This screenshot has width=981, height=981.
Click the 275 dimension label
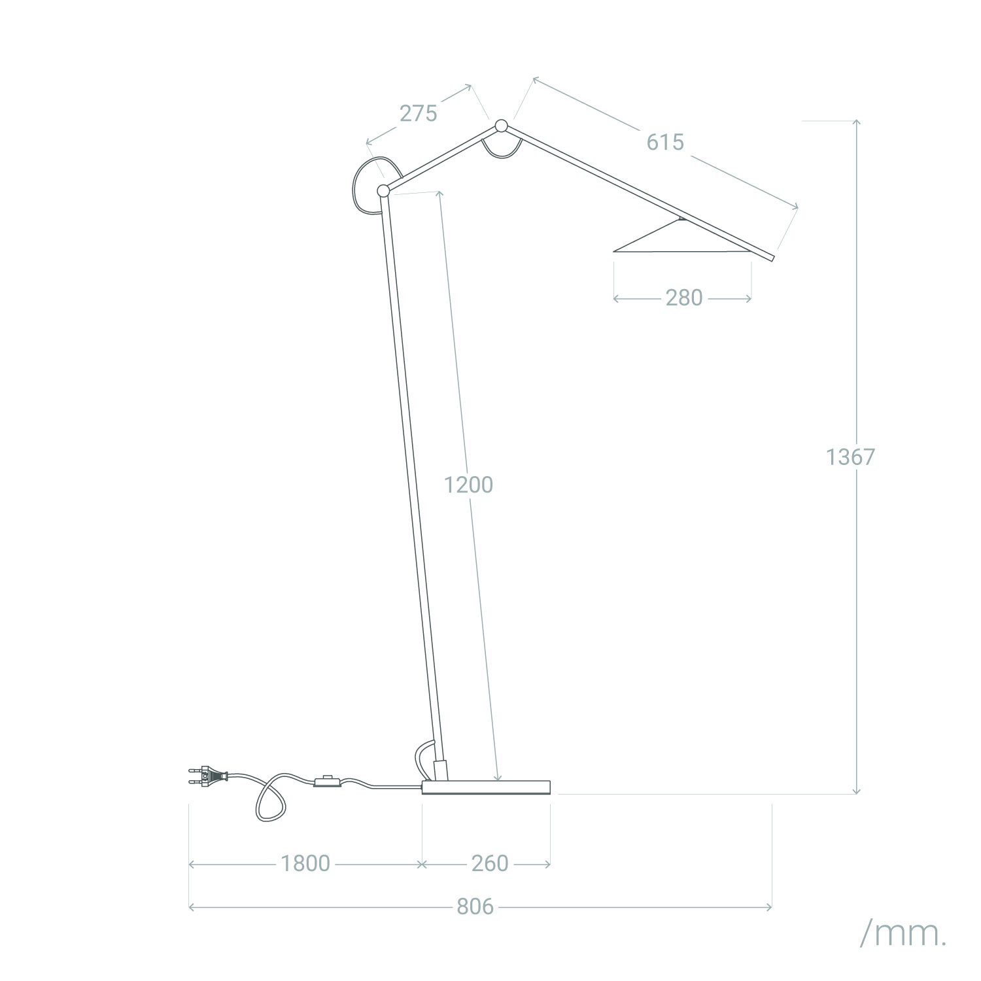[x=418, y=114]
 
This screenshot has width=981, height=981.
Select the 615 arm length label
[x=665, y=142]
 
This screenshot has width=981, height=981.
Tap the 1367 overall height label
[x=850, y=457]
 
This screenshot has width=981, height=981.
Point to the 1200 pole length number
[x=468, y=485]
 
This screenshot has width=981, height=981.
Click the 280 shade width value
[x=684, y=298]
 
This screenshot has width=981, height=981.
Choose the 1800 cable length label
[x=305, y=863]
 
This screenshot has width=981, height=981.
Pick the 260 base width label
[x=490, y=863]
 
